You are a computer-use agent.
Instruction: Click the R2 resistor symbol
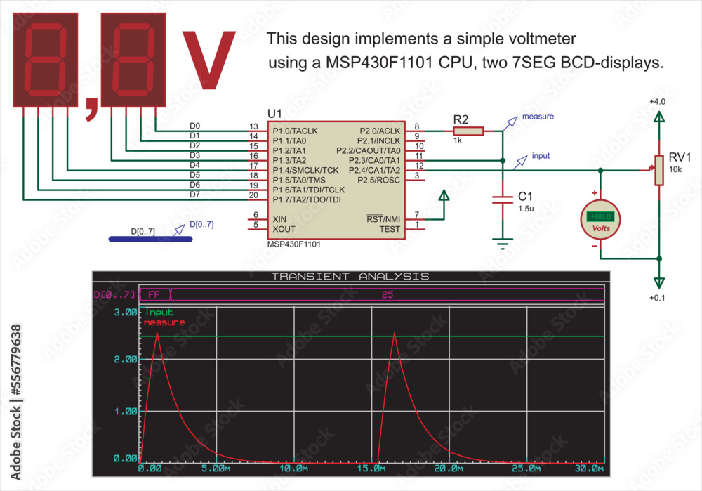[x=468, y=131]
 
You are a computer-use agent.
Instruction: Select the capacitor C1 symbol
[x=503, y=199]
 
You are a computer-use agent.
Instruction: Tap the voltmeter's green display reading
[x=601, y=217]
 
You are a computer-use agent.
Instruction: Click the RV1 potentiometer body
[x=659, y=171]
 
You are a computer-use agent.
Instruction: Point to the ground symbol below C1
[x=503, y=244]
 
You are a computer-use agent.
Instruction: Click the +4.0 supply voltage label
[x=657, y=102]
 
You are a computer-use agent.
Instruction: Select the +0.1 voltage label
[x=657, y=298]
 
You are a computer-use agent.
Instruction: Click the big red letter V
[x=208, y=61]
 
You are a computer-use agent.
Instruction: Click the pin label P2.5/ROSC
[x=379, y=180]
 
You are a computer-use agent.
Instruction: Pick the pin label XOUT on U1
[x=284, y=229]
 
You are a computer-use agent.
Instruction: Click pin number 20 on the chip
[x=253, y=195]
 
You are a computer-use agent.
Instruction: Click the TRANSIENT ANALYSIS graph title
[x=350, y=276]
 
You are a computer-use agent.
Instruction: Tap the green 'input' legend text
[x=159, y=313]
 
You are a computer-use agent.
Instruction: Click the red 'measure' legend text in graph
[x=164, y=322]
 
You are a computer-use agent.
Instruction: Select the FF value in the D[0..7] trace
[x=154, y=294]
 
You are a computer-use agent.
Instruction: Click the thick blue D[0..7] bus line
[x=151, y=239]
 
